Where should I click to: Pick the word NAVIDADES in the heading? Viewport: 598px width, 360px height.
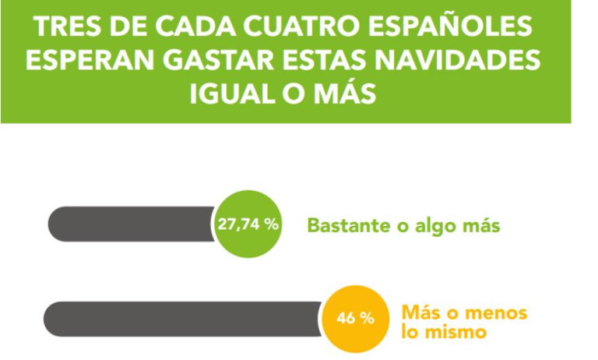(454, 61)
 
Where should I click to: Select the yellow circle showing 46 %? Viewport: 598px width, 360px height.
(355, 319)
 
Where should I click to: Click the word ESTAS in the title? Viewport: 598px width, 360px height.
(318, 61)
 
